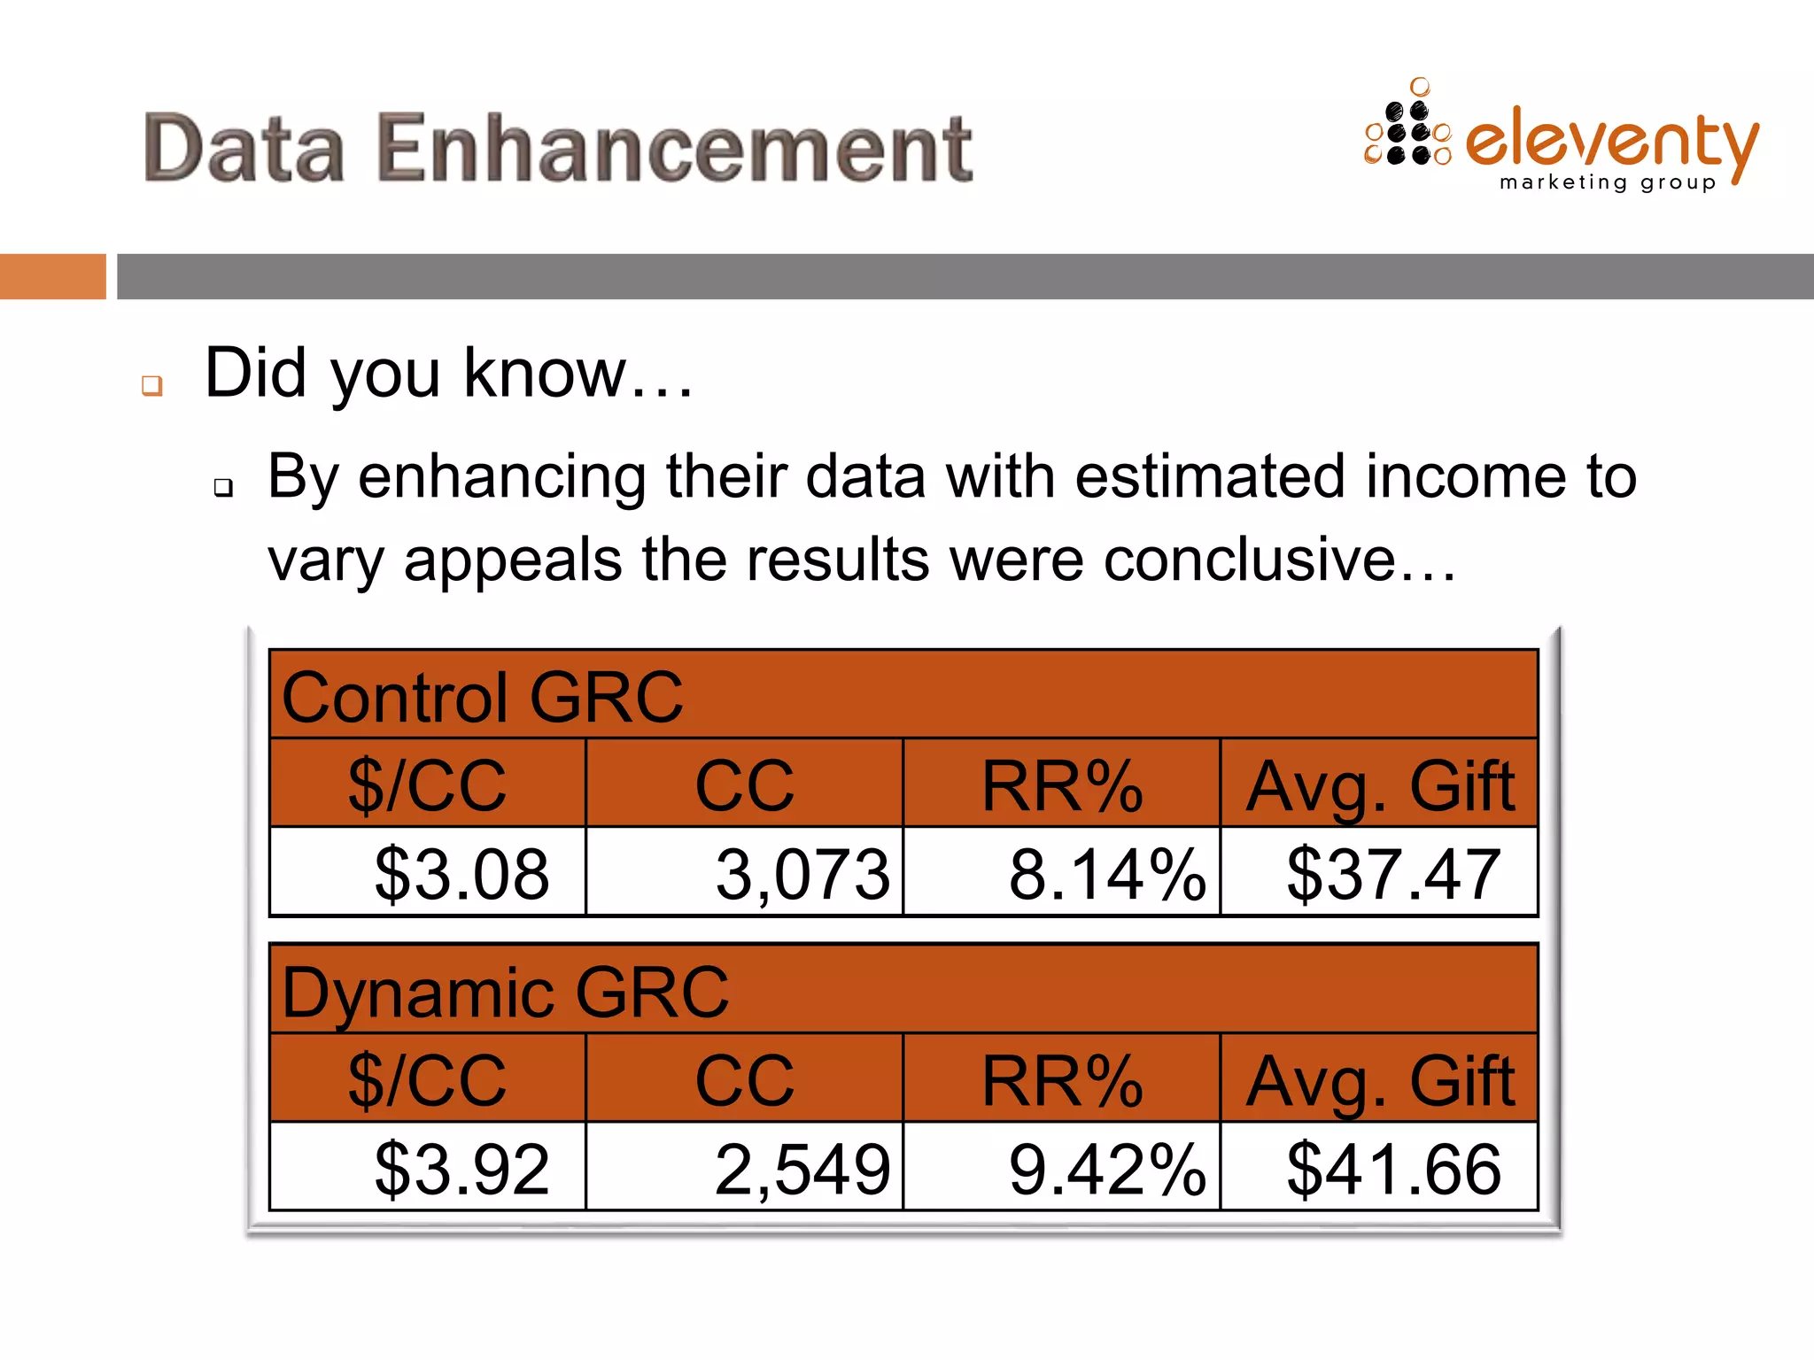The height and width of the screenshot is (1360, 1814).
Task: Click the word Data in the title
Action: click(244, 148)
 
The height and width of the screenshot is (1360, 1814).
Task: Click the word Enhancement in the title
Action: click(674, 148)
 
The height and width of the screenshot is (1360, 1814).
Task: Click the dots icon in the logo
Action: click(1408, 128)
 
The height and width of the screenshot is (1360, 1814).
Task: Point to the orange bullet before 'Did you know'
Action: click(152, 385)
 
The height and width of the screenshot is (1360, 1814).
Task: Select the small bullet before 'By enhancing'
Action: click(223, 486)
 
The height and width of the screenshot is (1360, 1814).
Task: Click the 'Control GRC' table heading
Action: click(482, 697)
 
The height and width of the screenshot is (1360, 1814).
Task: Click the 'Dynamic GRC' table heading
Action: click(505, 992)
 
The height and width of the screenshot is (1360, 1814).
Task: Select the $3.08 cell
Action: click(461, 874)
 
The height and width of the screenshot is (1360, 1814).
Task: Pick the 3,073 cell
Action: click(802, 874)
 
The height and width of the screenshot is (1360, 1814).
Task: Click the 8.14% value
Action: click(1107, 874)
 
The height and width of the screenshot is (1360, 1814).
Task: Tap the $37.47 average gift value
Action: click(1393, 874)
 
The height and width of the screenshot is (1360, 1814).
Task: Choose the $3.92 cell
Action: click(461, 1169)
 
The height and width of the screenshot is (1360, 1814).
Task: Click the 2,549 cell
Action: click(802, 1169)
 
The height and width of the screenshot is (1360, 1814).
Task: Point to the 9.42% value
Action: click(1107, 1169)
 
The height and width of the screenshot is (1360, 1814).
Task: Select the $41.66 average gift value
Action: click(1393, 1169)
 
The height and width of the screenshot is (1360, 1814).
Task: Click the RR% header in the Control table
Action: click(1062, 785)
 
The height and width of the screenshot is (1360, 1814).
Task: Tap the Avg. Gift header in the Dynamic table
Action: click(1380, 1080)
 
